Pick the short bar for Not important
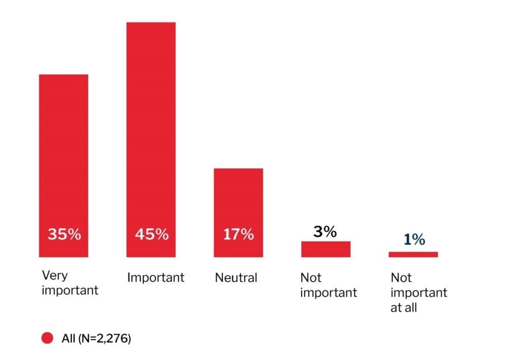[x=326, y=249]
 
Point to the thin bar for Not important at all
[x=413, y=254]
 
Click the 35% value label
[x=64, y=234]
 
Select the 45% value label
[x=152, y=234]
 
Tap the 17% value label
[x=238, y=234]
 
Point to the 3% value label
[x=325, y=232]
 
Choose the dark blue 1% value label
[x=414, y=240]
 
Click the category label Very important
[x=70, y=283]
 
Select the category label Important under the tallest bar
[x=156, y=278]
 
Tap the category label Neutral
[x=236, y=278]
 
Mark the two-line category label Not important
[x=329, y=285]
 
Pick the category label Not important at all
[x=419, y=292]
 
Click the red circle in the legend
[x=47, y=339]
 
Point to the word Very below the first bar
[x=54, y=276]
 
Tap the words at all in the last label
[x=404, y=308]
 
